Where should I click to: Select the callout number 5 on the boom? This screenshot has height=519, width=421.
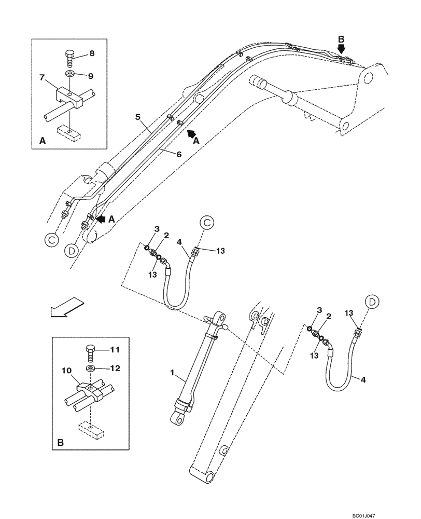point(138,117)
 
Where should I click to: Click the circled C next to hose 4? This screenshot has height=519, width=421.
point(206,223)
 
